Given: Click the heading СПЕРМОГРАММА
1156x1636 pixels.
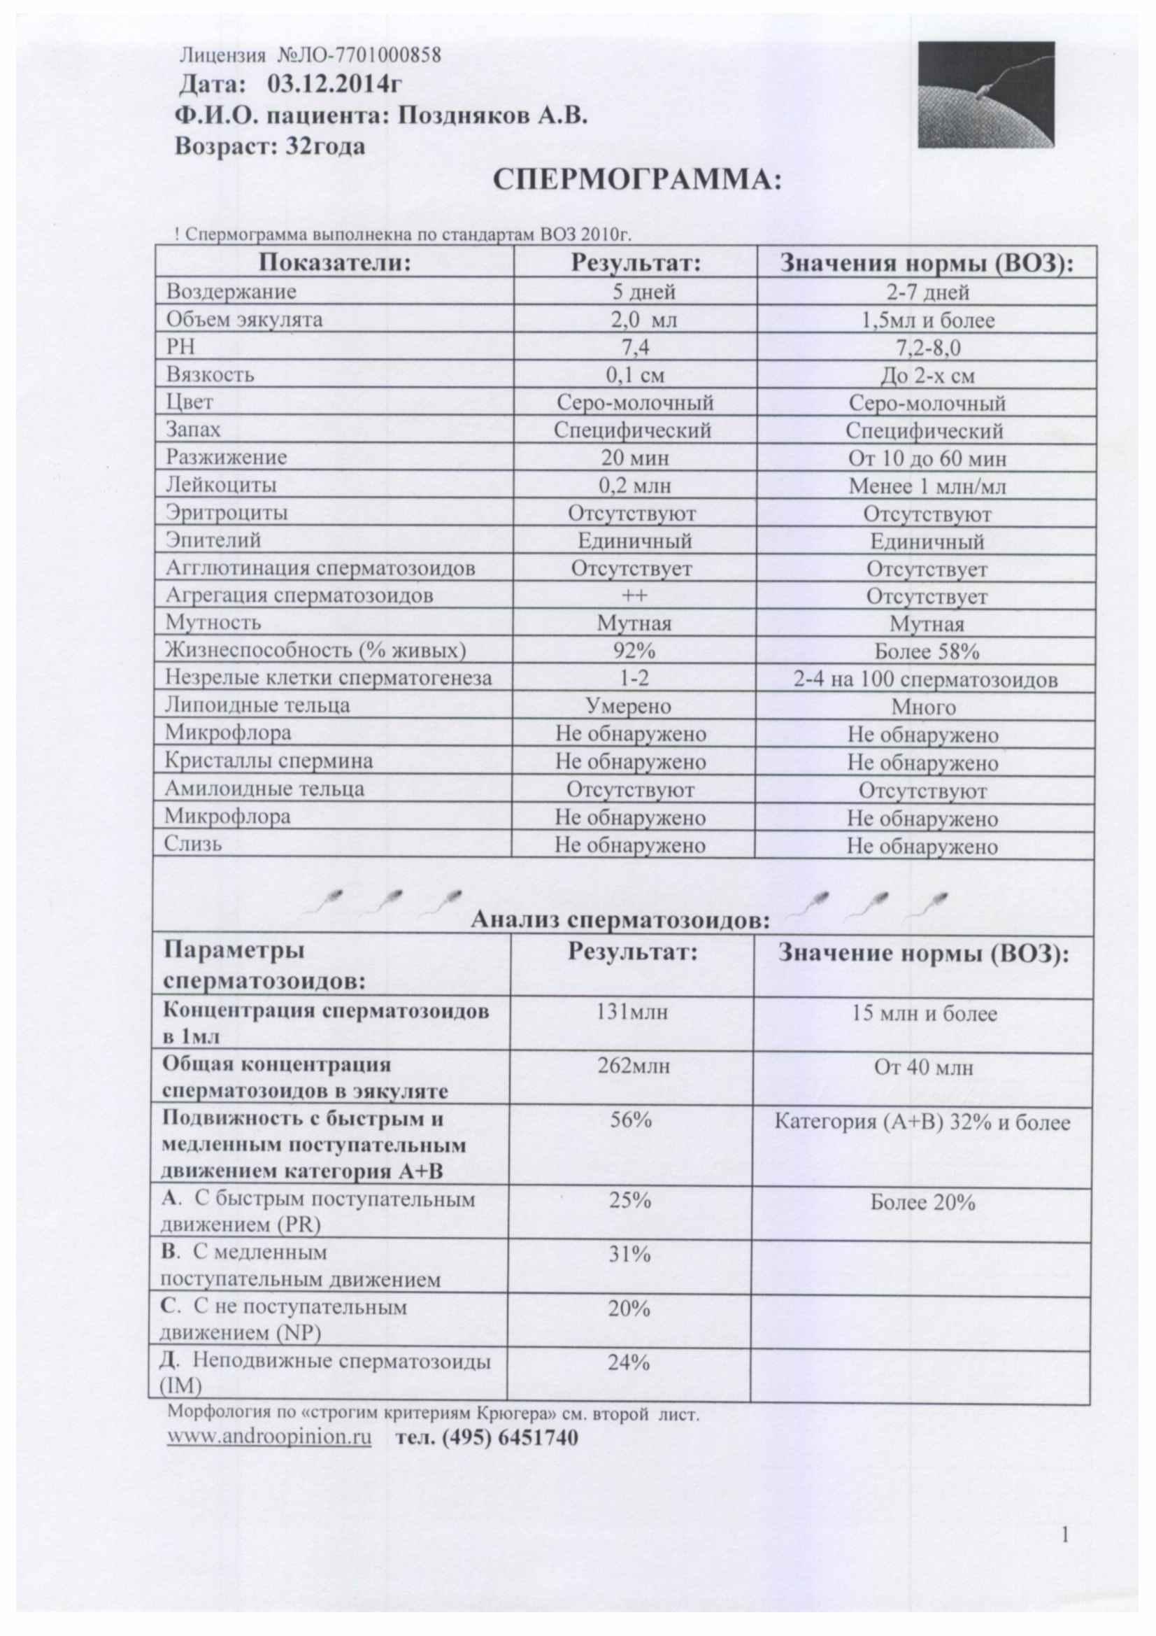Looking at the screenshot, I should (x=638, y=181).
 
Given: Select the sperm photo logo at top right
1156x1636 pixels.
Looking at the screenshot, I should (x=985, y=94).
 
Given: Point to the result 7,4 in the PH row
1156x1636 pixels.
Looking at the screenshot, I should (x=634, y=348).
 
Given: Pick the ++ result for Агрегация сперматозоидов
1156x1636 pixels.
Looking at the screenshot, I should (x=634, y=595).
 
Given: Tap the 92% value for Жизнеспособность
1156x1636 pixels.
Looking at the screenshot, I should (x=634, y=651).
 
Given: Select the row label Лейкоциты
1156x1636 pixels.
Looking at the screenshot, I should (x=221, y=485).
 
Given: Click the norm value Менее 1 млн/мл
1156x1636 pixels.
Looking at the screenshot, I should (x=927, y=486).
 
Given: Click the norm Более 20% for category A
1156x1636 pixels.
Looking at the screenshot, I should (x=922, y=1203).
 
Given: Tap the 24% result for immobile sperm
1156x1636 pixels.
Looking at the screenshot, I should (x=629, y=1363).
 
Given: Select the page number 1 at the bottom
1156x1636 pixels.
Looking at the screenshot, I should (x=1066, y=1554).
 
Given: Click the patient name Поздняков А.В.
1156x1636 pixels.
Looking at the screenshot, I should (x=492, y=115).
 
